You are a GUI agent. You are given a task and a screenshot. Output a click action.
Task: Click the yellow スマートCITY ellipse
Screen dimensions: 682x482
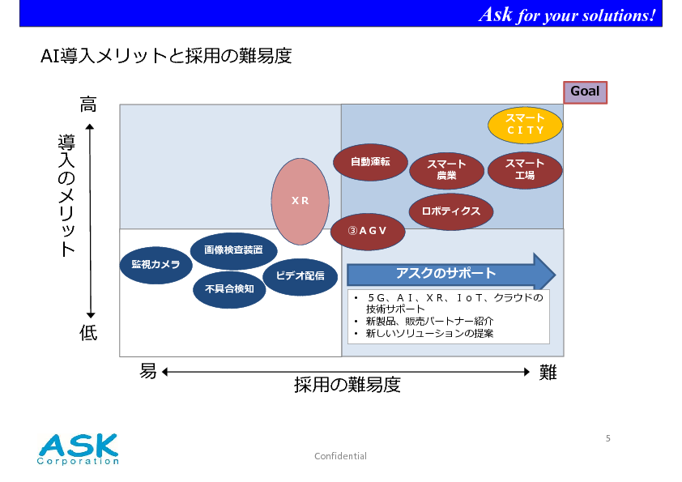tap(525, 125)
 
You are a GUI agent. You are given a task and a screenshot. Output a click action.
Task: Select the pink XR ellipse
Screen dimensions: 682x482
tap(301, 202)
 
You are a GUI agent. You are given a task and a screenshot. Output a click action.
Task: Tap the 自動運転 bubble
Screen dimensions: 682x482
tap(371, 162)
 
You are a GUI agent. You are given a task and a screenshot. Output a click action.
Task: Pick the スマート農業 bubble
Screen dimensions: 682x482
tap(446, 171)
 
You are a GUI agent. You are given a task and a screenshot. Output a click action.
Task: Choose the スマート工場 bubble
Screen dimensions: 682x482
tap(525, 170)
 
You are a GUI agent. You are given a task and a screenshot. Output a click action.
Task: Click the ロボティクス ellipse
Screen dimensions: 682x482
tap(451, 212)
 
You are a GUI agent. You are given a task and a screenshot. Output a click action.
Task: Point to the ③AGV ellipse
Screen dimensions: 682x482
tap(368, 232)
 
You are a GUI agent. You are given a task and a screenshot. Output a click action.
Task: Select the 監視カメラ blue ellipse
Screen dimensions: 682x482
tap(156, 265)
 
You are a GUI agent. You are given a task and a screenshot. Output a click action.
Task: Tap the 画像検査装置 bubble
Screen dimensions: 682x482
tap(233, 250)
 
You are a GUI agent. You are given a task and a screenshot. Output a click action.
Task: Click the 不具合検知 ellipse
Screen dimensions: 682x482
tap(229, 290)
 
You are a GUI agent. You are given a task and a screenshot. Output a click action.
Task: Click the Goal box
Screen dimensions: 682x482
tap(585, 92)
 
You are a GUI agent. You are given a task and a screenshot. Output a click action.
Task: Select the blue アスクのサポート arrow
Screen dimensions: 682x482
tap(451, 274)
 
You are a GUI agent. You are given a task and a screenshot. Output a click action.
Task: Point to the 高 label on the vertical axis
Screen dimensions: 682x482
tap(88, 105)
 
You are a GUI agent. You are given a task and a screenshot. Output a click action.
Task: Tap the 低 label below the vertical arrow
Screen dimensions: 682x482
tap(88, 333)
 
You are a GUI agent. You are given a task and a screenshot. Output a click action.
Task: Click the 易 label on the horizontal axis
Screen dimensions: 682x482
tap(148, 372)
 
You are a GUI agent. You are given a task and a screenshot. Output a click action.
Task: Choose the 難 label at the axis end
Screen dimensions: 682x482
tap(548, 373)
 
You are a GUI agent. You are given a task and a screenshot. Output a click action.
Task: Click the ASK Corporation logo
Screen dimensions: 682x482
tap(78, 449)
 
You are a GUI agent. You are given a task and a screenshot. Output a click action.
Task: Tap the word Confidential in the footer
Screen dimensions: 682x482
tap(340, 456)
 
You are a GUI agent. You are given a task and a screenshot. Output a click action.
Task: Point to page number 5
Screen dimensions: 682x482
tap(608, 438)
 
